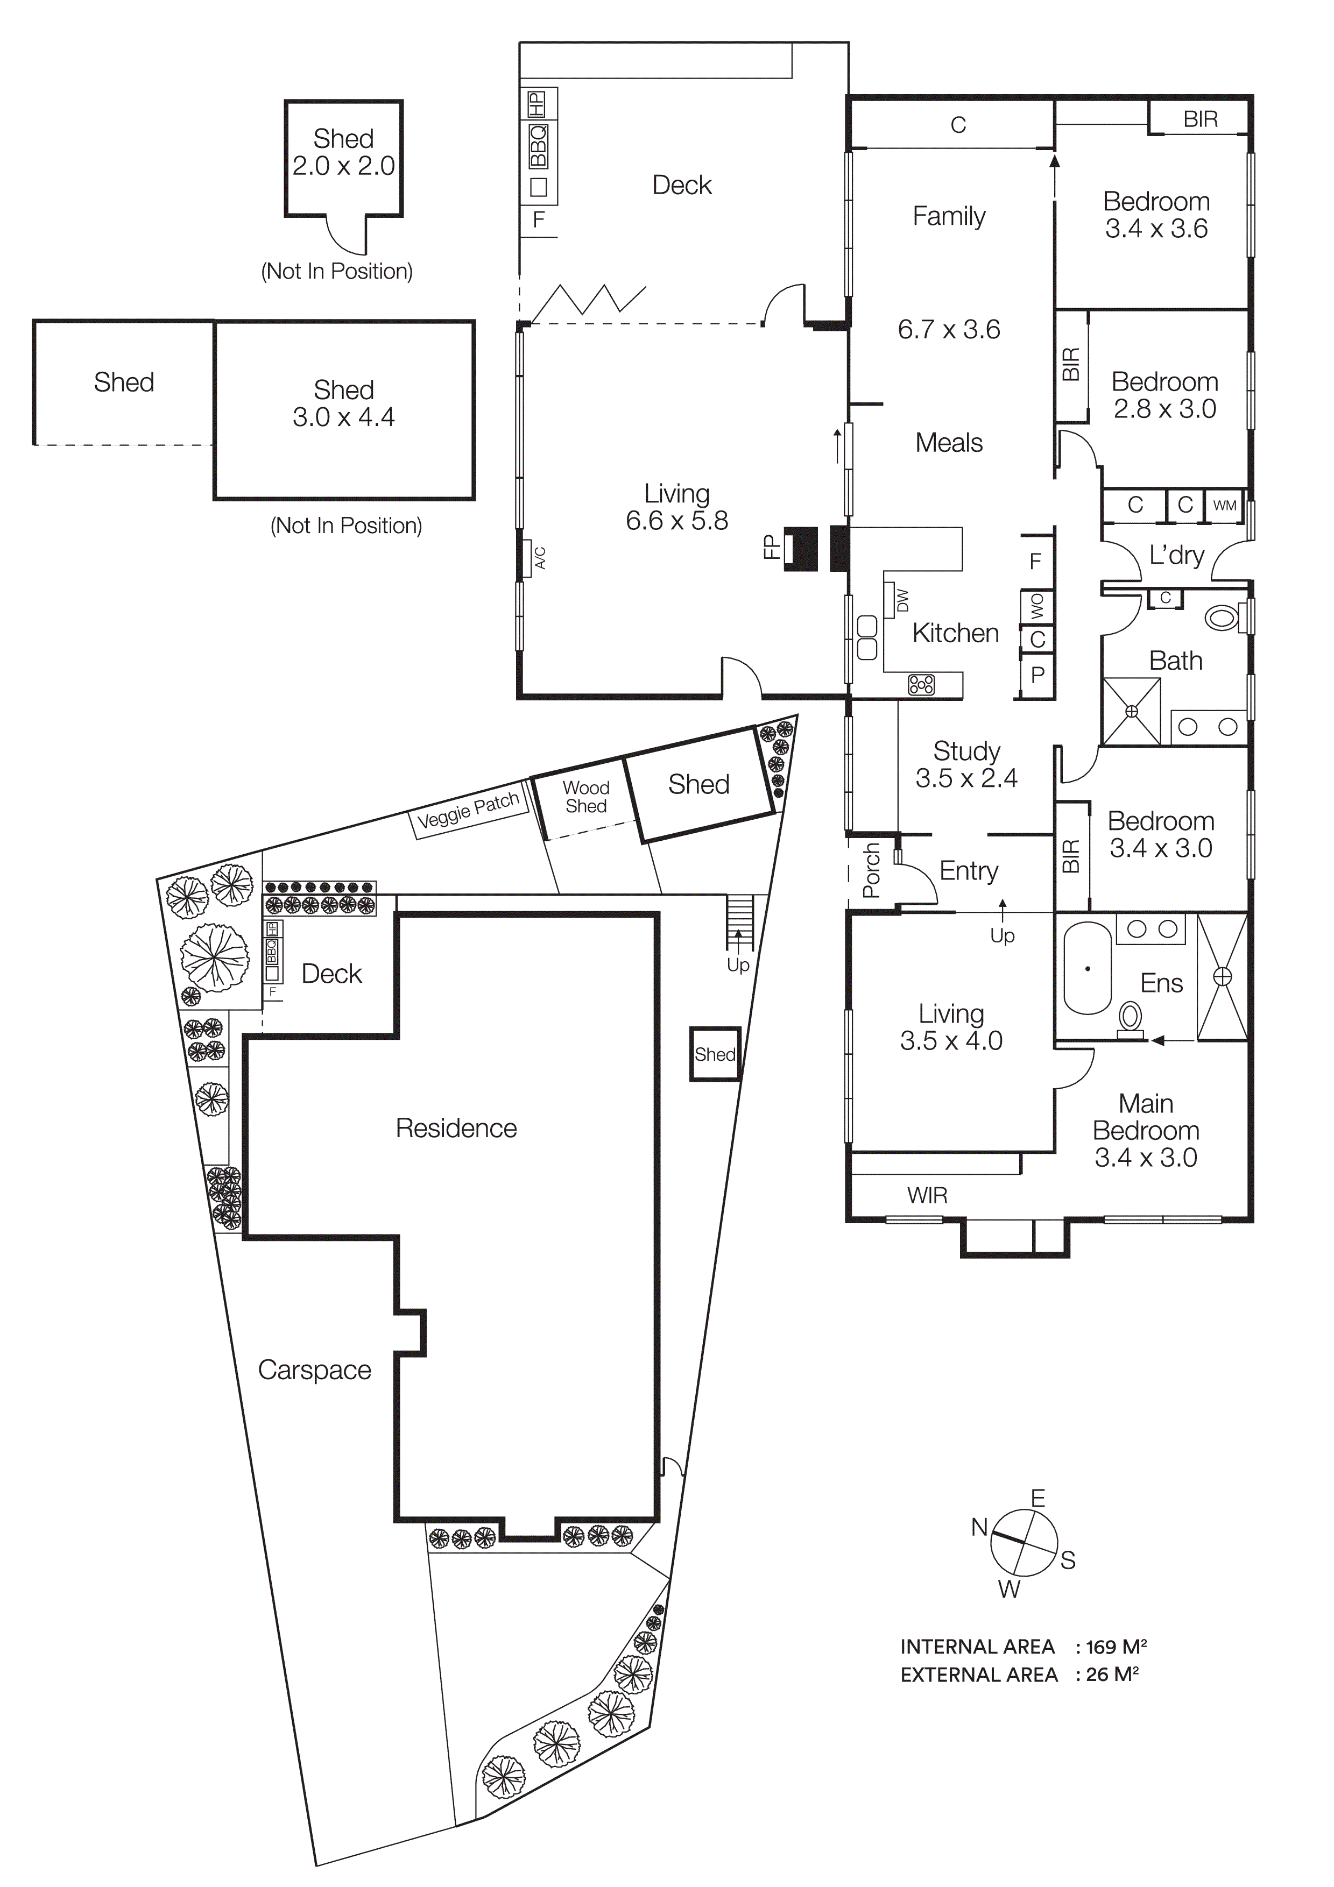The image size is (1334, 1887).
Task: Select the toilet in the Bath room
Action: coord(1222,616)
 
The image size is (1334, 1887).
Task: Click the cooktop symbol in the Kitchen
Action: coord(921,685)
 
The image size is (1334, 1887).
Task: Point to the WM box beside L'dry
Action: coord(1224,506)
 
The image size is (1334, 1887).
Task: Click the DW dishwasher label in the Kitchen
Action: coord(902,600)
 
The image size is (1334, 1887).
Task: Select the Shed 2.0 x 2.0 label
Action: coord(343,152)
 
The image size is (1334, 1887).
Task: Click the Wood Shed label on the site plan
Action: coord(586,797)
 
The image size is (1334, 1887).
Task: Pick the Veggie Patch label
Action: coord(469,810)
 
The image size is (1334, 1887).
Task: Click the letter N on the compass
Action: coord(979,1527)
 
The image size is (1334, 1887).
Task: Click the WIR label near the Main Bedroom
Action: coord(927,1196)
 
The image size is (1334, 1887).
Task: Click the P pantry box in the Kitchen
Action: coord(1037,675)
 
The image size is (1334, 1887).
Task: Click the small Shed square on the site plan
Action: coord(714,1054)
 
